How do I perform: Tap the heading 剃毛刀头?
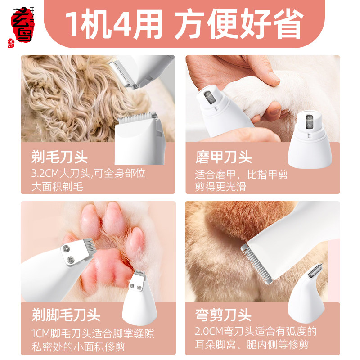pos(59,157)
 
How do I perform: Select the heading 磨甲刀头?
pos(224,157)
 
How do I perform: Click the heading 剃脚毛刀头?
pos(66,315)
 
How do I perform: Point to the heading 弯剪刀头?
pos(223,315)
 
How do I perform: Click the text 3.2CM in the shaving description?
pos(45,173)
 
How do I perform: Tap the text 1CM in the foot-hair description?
pos(40,333)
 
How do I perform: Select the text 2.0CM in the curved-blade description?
pos(209,331)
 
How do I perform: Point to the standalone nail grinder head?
pos(310,139)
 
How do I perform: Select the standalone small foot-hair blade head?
pos(139,297)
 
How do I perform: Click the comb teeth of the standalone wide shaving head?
pos(137,117)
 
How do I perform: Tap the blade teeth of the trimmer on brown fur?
pos(256,265)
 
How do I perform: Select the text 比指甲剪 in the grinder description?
pos(267,175)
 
